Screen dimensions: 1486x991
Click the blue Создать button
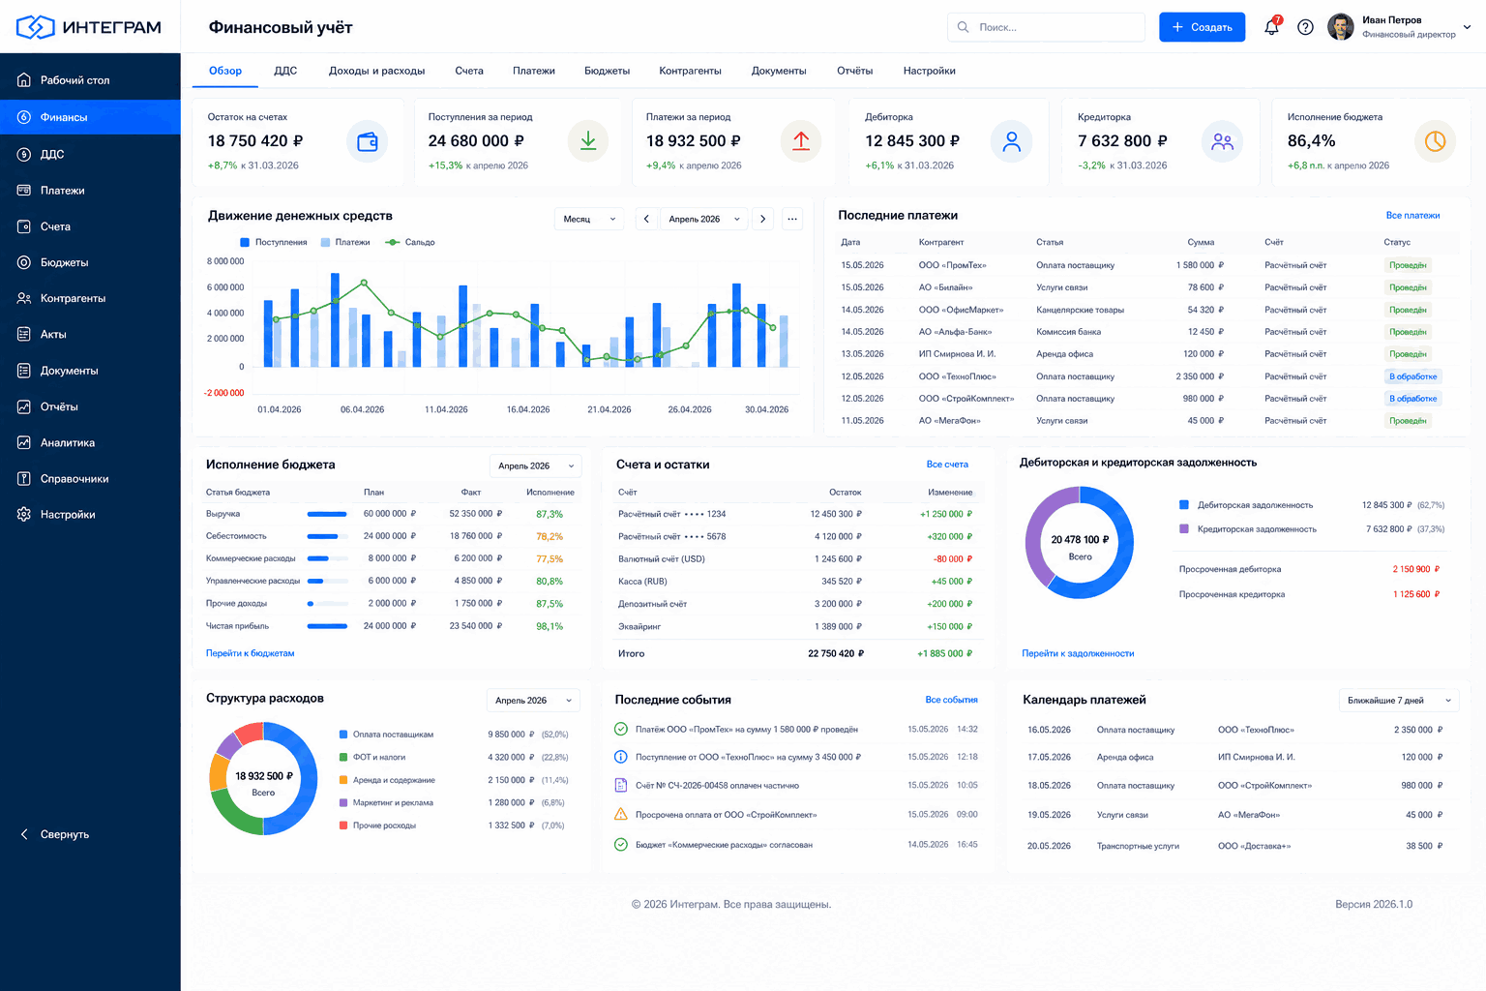pos(1202,27)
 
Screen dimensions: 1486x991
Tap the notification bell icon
pos(1271,27)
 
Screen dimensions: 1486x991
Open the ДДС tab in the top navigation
pos(285,71)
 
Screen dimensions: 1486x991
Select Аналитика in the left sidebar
pos(67,442)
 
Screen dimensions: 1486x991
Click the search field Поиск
pos(1046,27)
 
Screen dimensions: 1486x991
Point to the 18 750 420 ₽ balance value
pos(255,140)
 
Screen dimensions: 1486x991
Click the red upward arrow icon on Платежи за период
pos(801,140)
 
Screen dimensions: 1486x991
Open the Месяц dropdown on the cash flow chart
pos(589,219)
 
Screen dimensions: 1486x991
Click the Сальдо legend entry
pos(410,242)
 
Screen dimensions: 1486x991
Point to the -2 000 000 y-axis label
pos(224,393)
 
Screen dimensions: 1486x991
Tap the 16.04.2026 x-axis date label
pos(528,409)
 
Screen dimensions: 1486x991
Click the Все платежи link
pos(1412,215)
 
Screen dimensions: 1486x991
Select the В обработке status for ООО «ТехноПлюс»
pos(1413,376)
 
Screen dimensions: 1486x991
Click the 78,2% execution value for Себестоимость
pos(550,536)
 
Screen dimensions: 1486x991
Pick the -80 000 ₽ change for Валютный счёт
pos(953,559)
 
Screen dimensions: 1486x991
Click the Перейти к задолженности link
pos(1078,653)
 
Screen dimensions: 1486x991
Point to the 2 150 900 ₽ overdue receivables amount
pos(1415,569)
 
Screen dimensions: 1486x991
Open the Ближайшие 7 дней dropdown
pos(1399,701)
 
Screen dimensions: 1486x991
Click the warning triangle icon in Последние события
pos(621,815)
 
